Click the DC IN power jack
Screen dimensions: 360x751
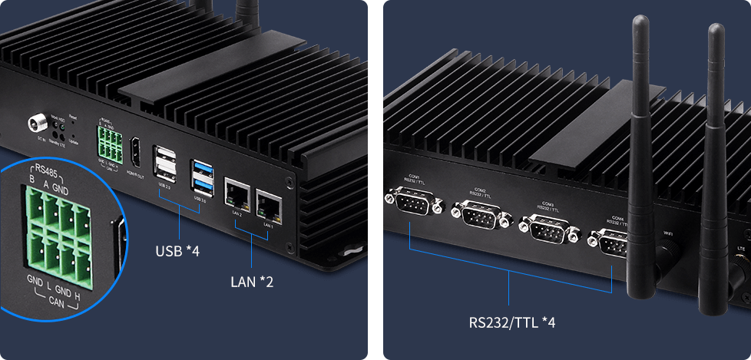pos(37,123)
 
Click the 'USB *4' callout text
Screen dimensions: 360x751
pos(177,251)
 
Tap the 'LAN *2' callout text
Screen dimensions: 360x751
pos(252,282)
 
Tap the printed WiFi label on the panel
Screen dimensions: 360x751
pos(668,232)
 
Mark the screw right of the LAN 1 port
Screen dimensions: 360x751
pos(288,183)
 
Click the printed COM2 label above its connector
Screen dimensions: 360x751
pos(480,189)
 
